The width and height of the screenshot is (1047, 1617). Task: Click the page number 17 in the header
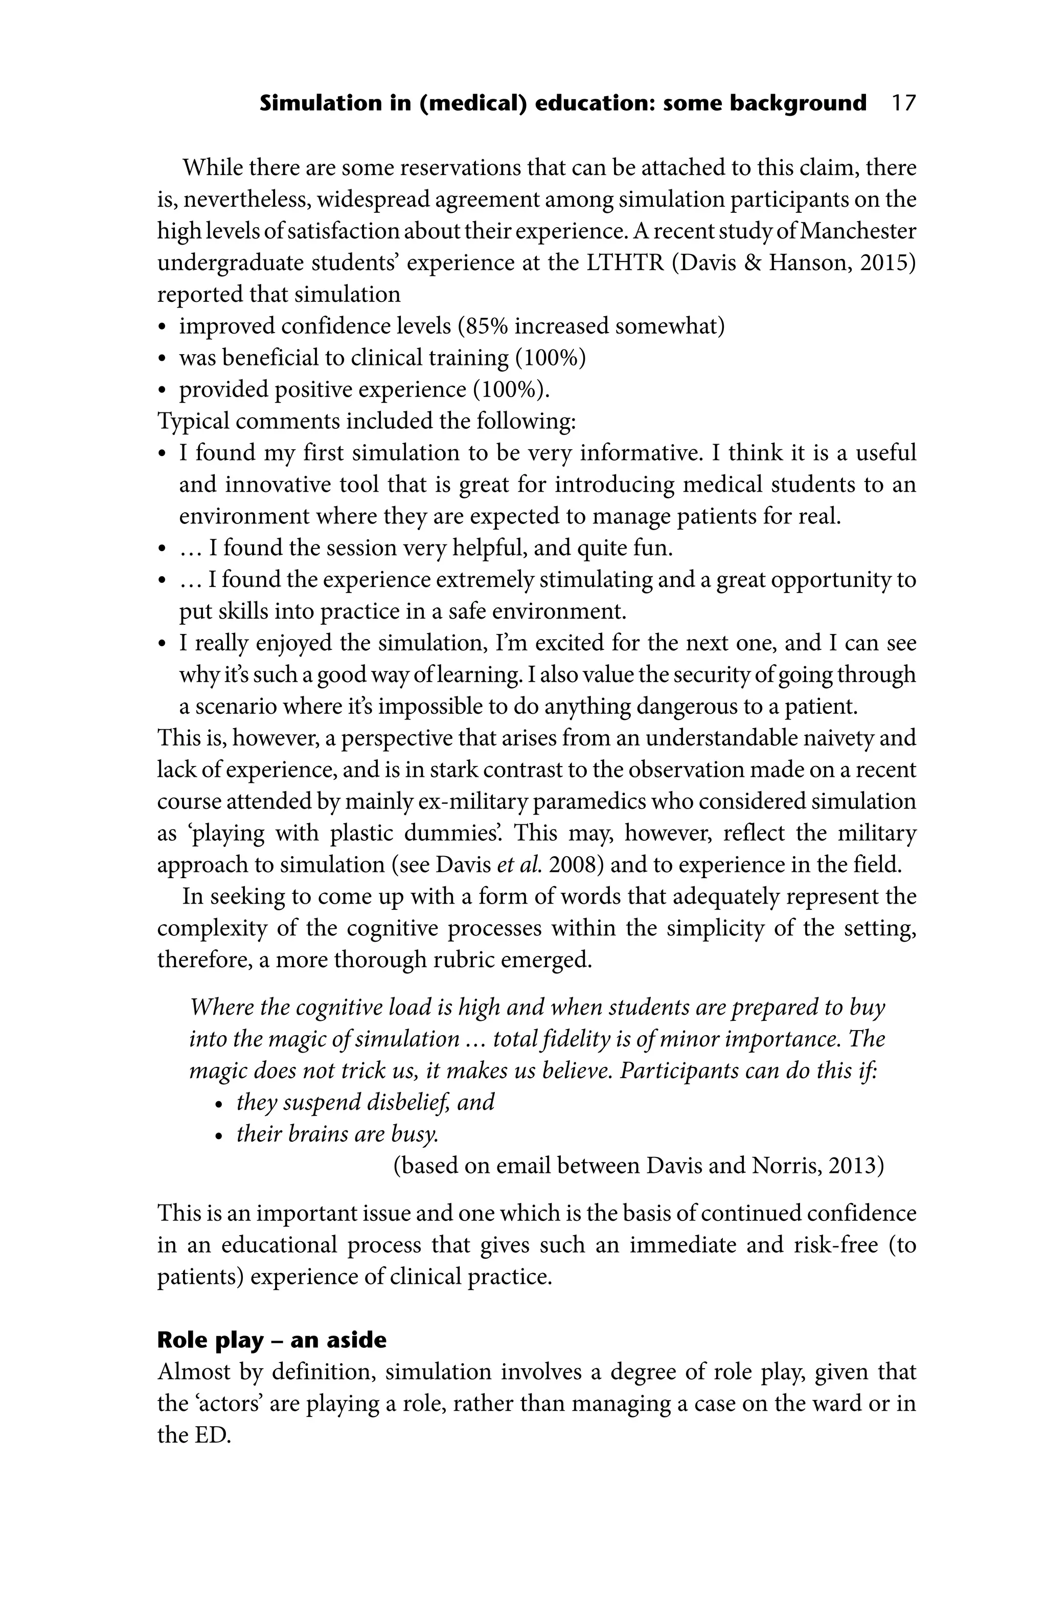click(903, 104)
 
